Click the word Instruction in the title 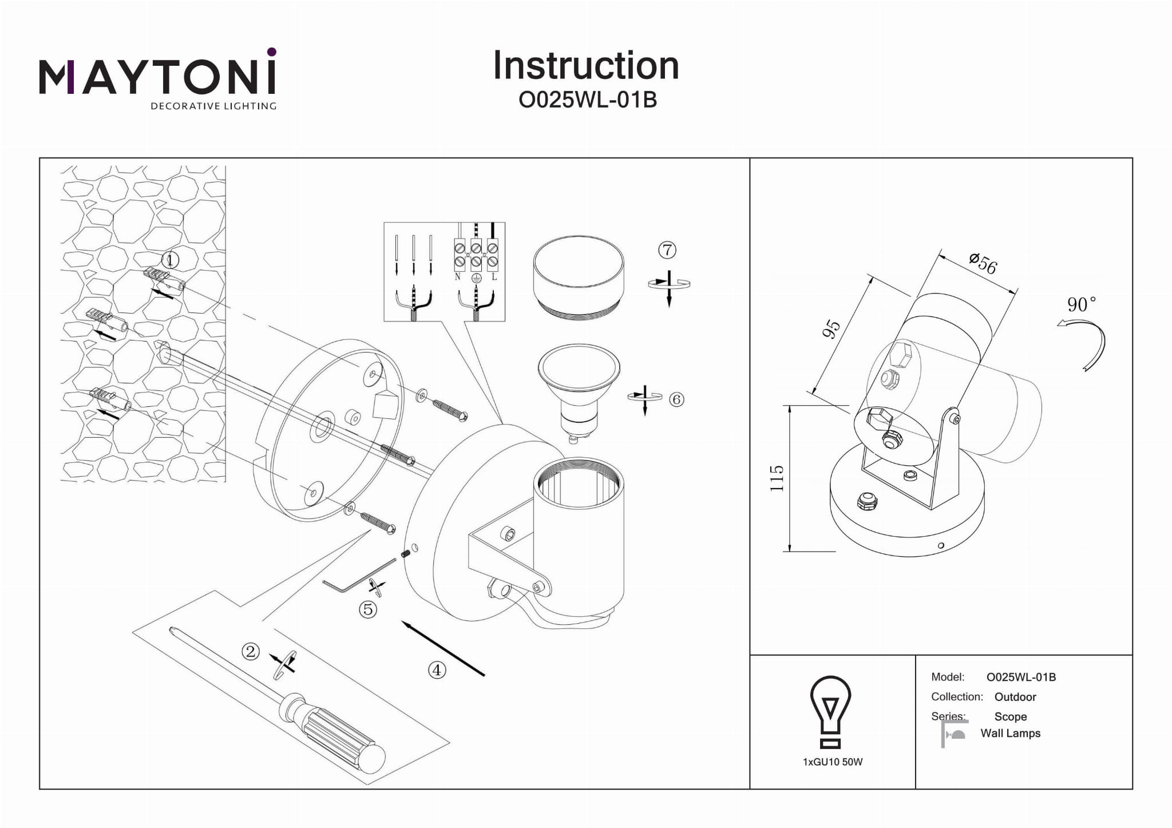[x=585, y=66]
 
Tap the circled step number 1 [x=170, y=260]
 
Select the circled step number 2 [x=251, y=651]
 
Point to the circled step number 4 [x=437, y=670]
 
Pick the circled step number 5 [x=367, y=609]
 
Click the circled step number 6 [x=676, y=399]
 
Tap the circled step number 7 [x=667, y=250]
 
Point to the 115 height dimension [x=777, y=478]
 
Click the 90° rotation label [x=1081, y=304]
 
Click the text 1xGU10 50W [x=833, y=762]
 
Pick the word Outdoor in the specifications [x=1015, y=697]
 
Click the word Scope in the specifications [x=1010, y=716]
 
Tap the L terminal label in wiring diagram [x=494, y=277]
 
